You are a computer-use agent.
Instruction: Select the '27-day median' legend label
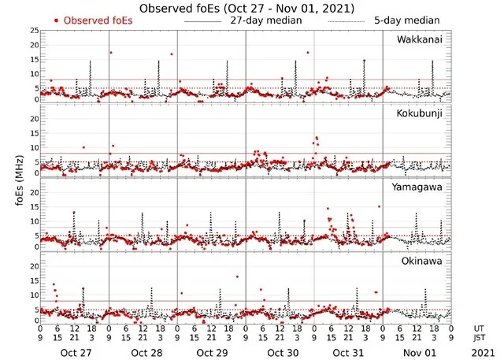[x=266, y=20]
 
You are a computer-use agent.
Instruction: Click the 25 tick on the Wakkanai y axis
[x=33, y=31]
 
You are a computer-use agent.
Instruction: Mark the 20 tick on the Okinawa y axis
[x=33, y=266]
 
